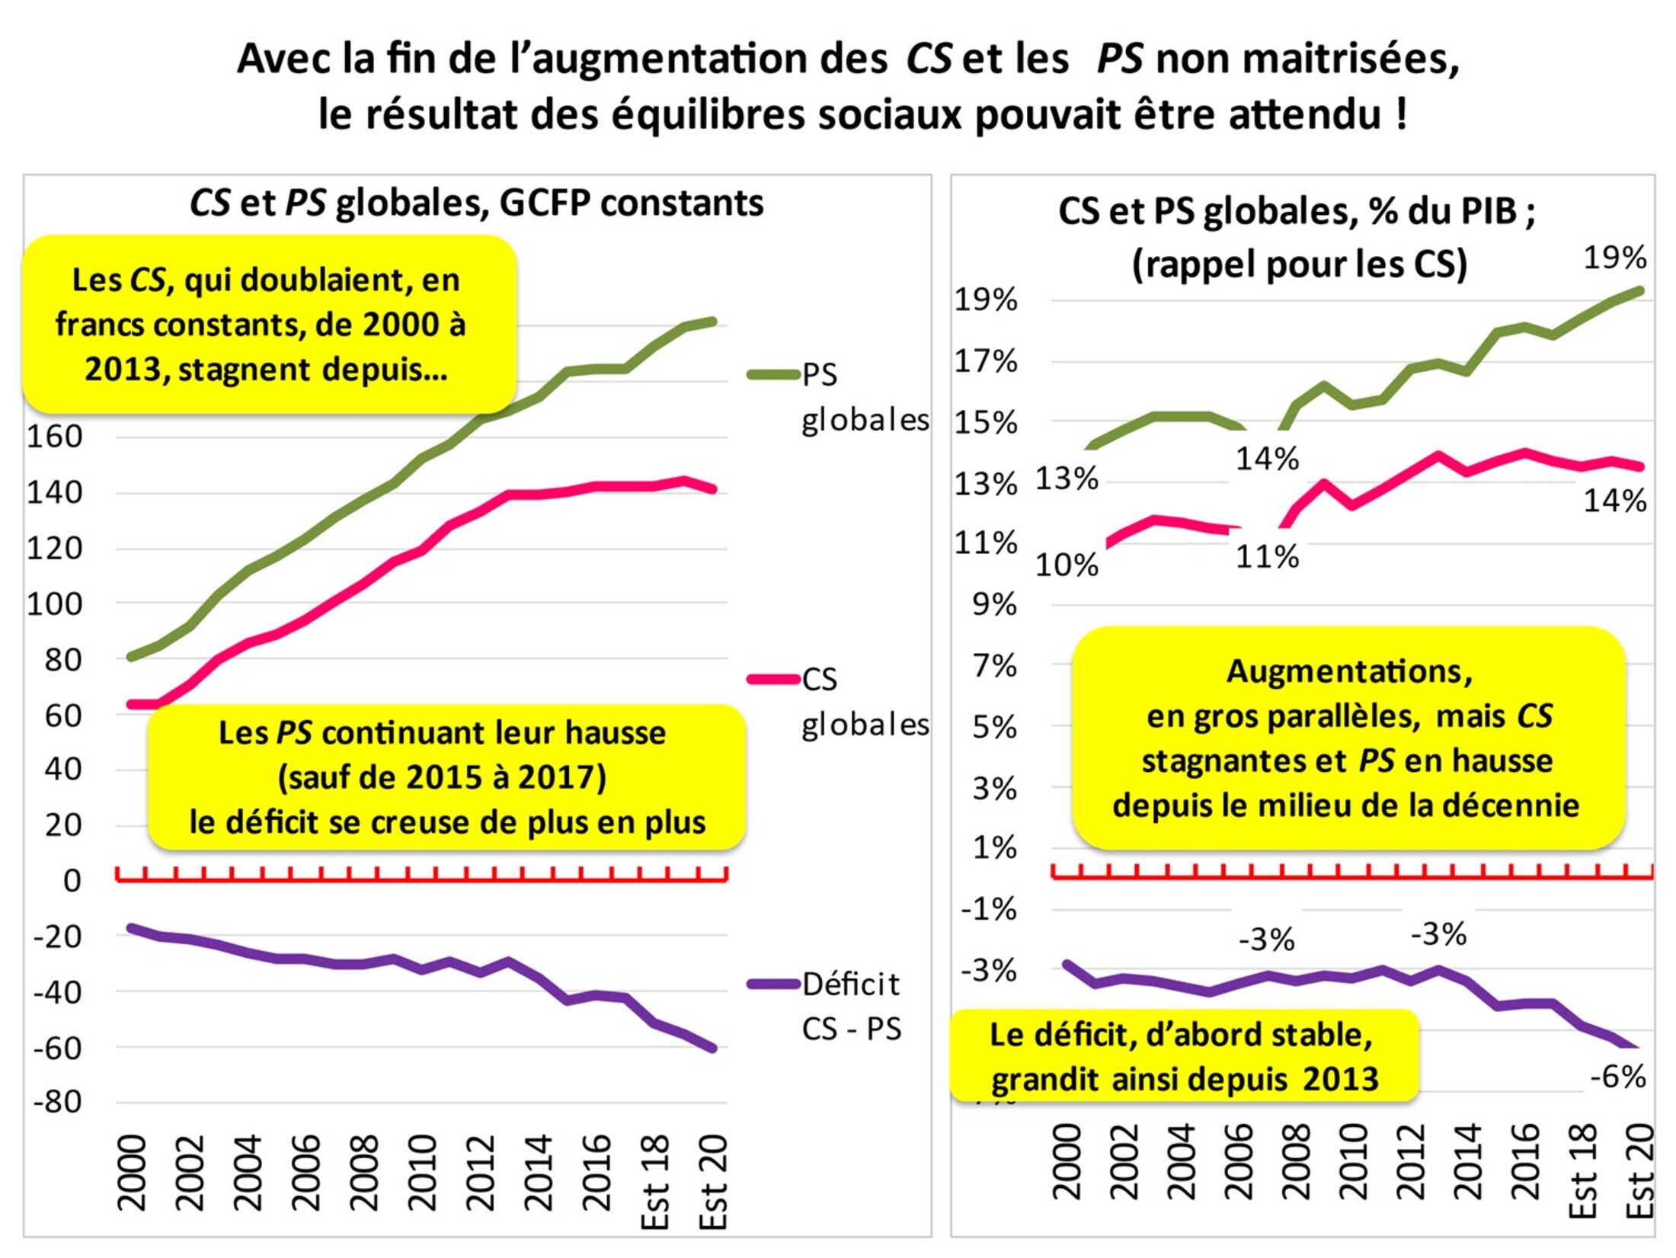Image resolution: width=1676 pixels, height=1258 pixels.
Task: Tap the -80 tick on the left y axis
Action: [56, 1102]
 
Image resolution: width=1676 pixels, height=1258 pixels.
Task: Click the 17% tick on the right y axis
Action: [986, 362]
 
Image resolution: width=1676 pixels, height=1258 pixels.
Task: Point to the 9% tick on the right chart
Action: [994, 605]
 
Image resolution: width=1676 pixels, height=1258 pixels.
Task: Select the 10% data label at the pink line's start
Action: [1067, 565]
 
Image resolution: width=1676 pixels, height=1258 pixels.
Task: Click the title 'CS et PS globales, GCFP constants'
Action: [477, 203]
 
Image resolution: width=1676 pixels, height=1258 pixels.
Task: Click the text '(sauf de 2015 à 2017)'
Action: [442, 778]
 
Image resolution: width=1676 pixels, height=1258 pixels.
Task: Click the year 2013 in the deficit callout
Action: [1340, 1080]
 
